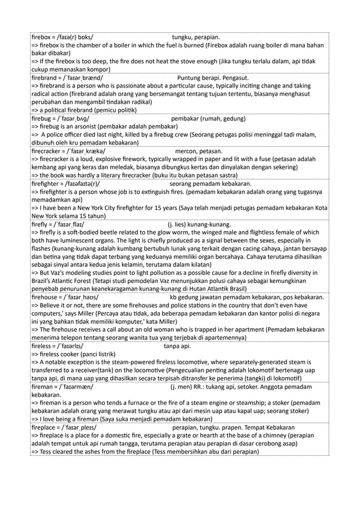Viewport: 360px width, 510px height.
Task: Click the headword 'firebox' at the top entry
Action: tap(42, 38)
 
